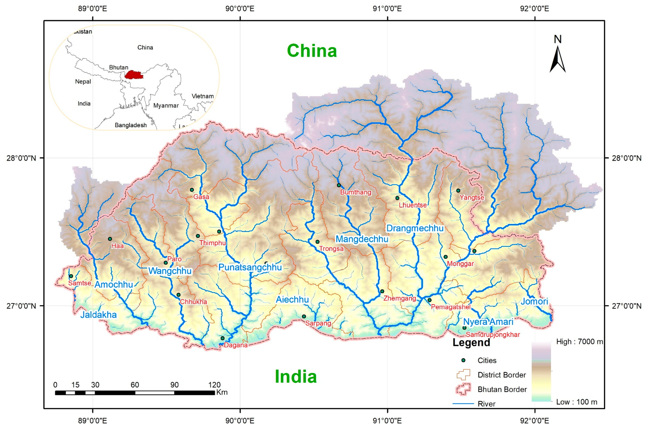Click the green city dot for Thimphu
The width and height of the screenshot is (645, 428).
pos(198,236)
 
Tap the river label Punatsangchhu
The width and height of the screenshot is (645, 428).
pos(250,267)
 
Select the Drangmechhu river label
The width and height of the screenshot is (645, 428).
pos(414,228)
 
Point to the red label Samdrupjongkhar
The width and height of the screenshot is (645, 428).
pos(493,335)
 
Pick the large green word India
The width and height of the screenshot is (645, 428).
pos(296,376)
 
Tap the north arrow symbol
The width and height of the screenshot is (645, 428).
pos(557,59)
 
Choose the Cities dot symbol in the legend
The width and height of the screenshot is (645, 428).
pos(463,360)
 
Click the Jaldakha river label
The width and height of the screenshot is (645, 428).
pos(98,315)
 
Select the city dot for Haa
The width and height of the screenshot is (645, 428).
pos(110,239)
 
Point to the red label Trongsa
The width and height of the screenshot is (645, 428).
pos(331,249)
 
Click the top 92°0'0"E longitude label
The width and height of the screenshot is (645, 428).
pos(534,8)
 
